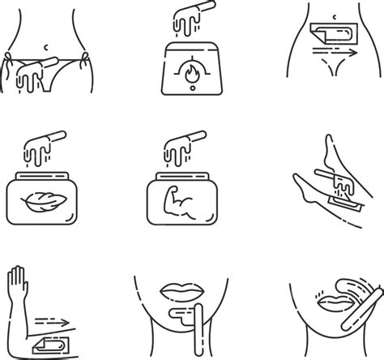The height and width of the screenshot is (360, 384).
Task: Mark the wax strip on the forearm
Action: click(49, 344)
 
